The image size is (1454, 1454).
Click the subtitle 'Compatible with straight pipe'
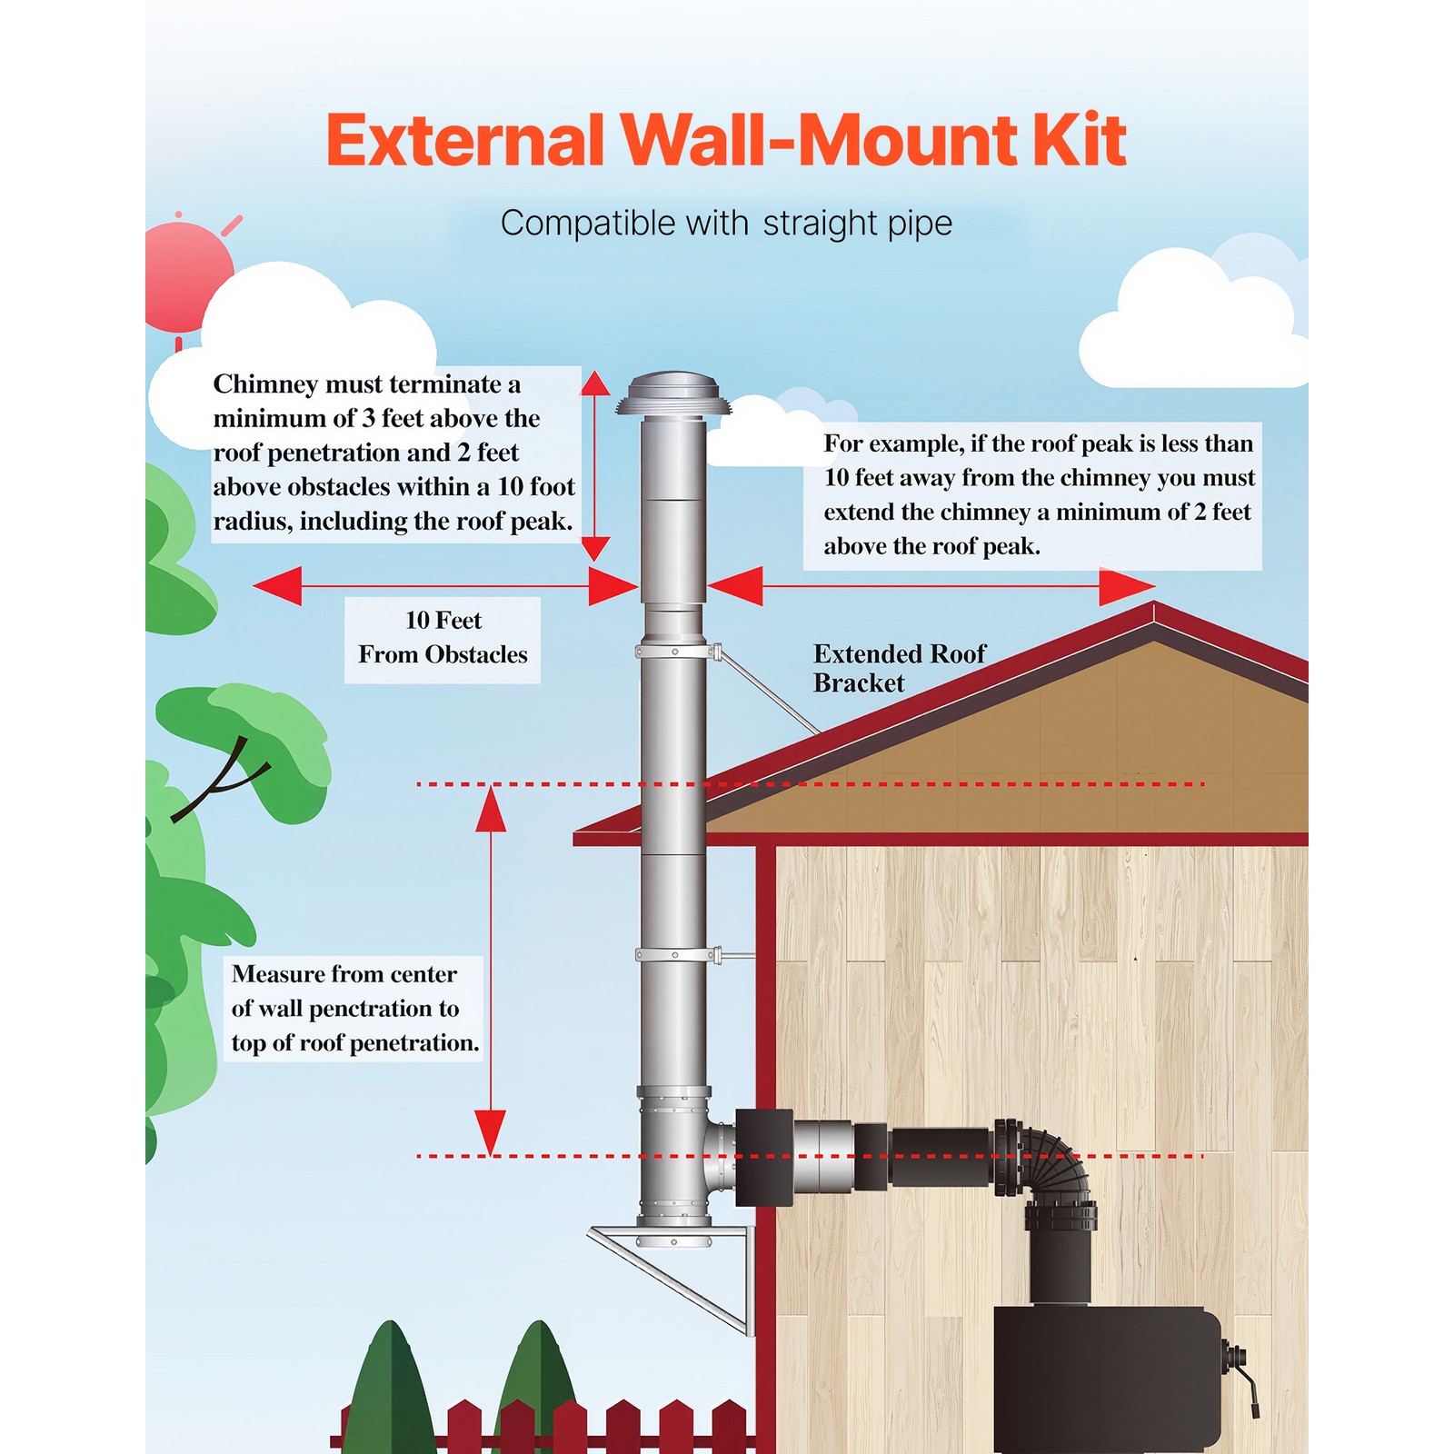(x=726, y=224)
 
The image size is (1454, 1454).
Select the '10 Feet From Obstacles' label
(x=443, y=638)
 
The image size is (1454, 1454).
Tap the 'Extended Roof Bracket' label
(x=899, y=668)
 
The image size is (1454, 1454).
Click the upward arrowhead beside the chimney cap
(x=595, y=383)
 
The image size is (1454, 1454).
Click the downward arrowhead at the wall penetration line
(x=491, y=1132)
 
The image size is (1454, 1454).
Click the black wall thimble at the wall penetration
(x=763, y=1157)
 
